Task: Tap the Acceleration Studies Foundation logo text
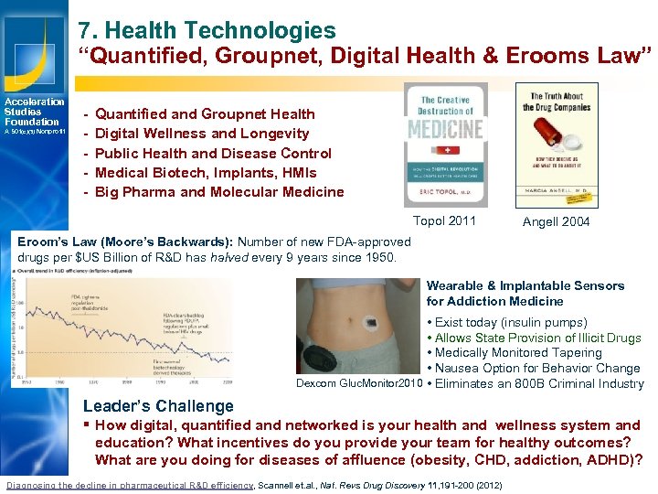[x=35, y=112]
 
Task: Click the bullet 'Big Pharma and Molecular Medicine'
[x=219, y=192]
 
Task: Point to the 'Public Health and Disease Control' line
[x=213, y=153]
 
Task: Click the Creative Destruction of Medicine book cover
[x=445, y=145]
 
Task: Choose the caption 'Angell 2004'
[x=556, y=221]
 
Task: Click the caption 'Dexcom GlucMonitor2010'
[x=359, y=384]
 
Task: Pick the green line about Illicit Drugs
[x=538, y=338]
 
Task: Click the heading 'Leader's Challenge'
[x=158, y=406]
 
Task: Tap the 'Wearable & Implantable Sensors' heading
[x=525, y=285]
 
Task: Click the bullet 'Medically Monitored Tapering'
[x=518, y=353]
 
